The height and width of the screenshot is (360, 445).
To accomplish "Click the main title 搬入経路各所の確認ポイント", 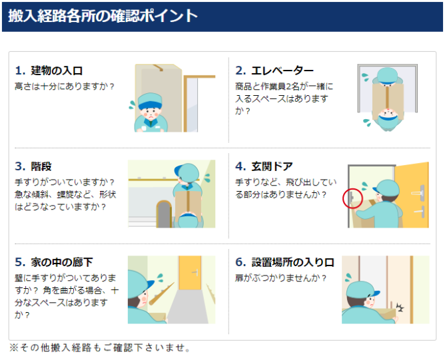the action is (x=103, y=16).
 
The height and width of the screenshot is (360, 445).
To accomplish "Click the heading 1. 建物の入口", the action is (x=49, y=71).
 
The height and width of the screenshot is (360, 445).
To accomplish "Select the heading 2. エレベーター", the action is (x=274, y=71).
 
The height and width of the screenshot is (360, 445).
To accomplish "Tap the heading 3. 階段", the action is (x=33, y=166).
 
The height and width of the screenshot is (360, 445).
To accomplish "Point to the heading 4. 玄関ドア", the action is (x=264, y=166).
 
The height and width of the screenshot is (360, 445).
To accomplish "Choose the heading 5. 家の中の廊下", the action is (x=54, y=262).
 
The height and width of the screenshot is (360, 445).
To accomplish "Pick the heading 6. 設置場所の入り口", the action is (x=284, y=262).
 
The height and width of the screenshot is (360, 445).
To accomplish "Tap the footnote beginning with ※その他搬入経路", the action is (x=100, y=348).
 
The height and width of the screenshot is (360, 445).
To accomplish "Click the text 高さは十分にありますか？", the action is (x=65, y=86).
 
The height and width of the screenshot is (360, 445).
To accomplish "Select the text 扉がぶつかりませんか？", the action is (x=281, y=277).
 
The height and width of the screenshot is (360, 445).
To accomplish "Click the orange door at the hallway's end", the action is (x=190, y=273).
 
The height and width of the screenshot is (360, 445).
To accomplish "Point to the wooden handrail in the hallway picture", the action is (x=161, y=293).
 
